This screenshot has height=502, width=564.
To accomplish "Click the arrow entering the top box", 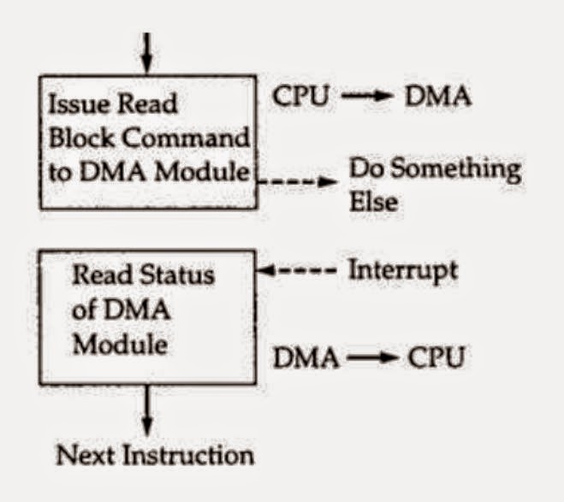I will (146, 53).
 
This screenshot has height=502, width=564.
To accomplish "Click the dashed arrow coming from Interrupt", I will (298, 271).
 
